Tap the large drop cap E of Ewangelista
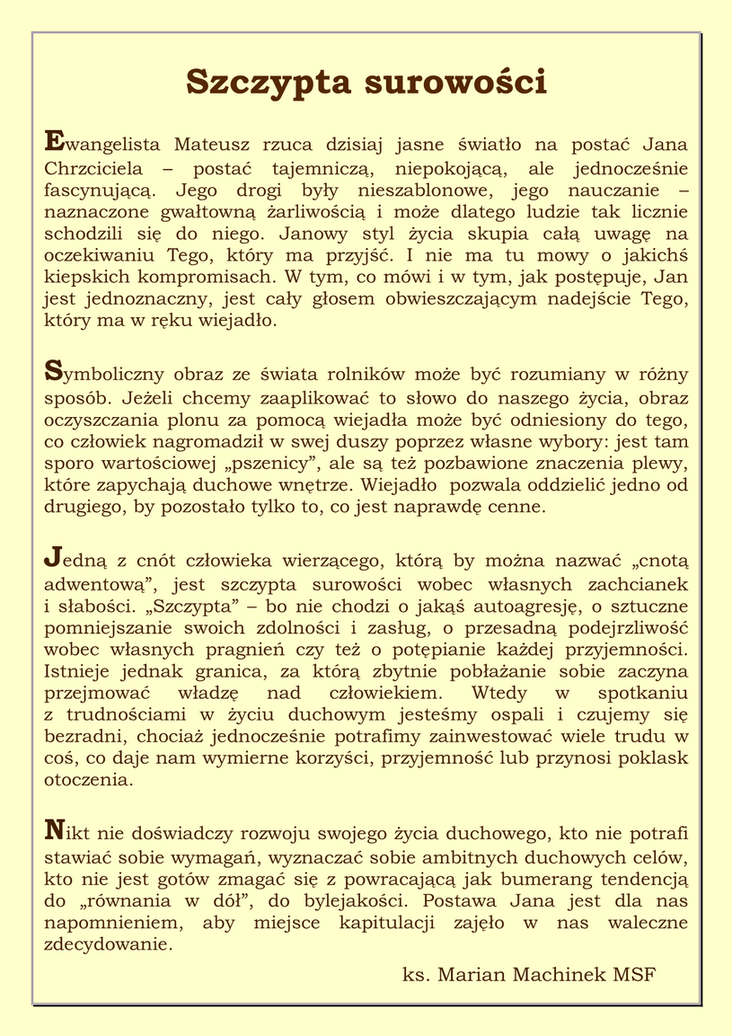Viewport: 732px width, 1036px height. pos(54,140)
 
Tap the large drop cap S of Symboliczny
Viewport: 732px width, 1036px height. pos(53,368)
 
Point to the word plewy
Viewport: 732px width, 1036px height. pos(665,465)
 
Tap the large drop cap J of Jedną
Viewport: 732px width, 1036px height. pos(53,558)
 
